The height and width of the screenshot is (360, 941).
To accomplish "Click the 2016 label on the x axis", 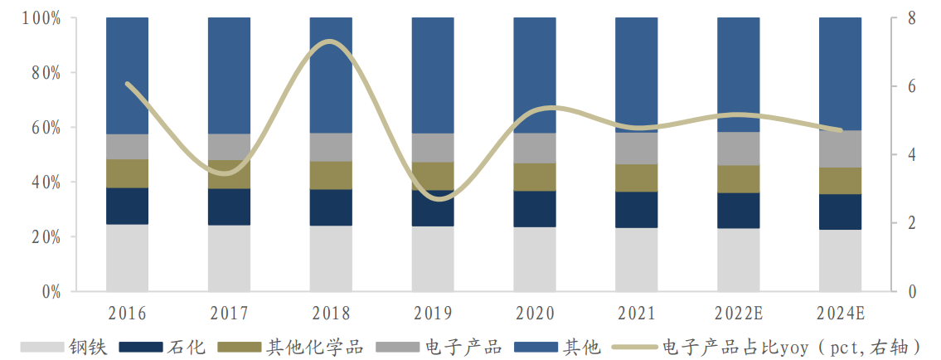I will click(x=127, y=314).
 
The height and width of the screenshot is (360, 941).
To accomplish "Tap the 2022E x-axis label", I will click(x=738, y=314).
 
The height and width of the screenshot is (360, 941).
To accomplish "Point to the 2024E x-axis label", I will click(x=840, y=314).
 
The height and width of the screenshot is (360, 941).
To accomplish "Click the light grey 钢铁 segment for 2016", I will click(x=127, y=258).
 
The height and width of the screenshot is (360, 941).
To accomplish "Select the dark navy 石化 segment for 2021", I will click(x=636, y=210).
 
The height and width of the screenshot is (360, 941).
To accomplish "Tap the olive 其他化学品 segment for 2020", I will click(x=534, y=177).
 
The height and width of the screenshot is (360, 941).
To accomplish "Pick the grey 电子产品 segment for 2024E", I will click(x=840, y=148).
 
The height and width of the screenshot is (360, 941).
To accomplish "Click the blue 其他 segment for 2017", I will click(x=229, y=75).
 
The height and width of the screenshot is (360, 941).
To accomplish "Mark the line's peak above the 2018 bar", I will click(x=330, y=41).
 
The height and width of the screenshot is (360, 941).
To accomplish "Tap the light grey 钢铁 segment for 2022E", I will click(x=738, y=260).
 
